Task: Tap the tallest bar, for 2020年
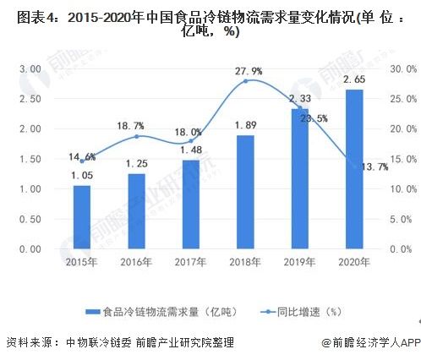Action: click(354, 169)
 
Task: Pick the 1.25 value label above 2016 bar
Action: click(136, 163)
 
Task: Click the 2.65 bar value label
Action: click(354, 79)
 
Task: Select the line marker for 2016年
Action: click(136, 136)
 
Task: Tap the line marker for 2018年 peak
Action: click(245, 81)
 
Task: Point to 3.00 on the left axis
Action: click(31, 68)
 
